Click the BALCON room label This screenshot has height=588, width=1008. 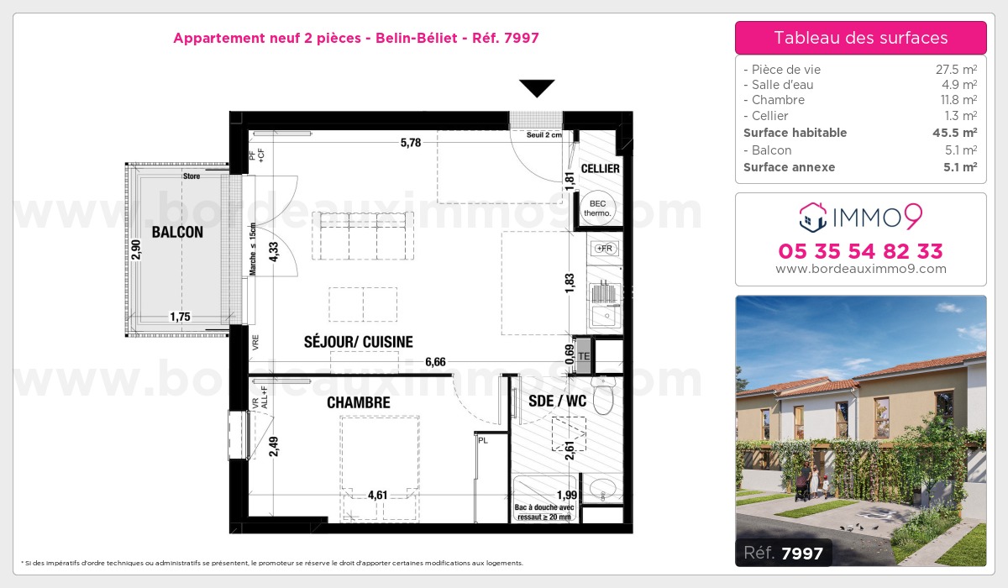click(x=177, y=233)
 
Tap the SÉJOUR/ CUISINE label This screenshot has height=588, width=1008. click(x=359, y=342)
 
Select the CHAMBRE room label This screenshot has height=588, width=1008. click(x=359, y=403)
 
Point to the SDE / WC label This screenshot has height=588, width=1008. click(x=557, y=402)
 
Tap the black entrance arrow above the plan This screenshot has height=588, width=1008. click(x=537, y=88)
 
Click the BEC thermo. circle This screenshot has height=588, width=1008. click(x=598, y=208)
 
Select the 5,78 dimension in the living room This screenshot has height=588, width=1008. click(x=411, y=143)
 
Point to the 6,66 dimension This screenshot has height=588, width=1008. click(x=435, y=361)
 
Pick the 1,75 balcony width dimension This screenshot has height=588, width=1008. click(x=180, y=317)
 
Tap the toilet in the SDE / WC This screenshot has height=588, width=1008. click(x=602, y=395)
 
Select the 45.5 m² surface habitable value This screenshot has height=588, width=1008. click(x=958, y=133)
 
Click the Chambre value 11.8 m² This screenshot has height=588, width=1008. click(x=958, y=100)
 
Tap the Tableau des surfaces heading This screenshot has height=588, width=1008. click(x=861, y=38)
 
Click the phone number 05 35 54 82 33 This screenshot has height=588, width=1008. click(x=861, y=251)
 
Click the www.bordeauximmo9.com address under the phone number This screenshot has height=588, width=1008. click(x=861, y=270)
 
